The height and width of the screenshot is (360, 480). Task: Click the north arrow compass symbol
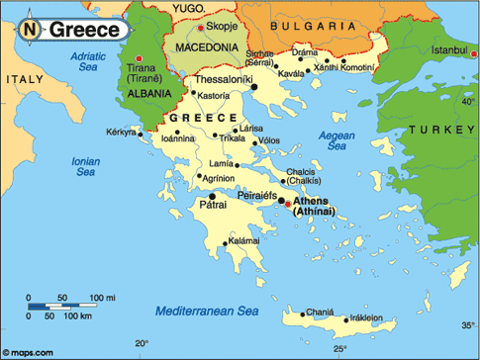(x=31, y=30)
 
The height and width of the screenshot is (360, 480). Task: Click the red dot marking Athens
(x=287, y=204)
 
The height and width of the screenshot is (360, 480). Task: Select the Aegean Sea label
(x=336, y=139)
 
